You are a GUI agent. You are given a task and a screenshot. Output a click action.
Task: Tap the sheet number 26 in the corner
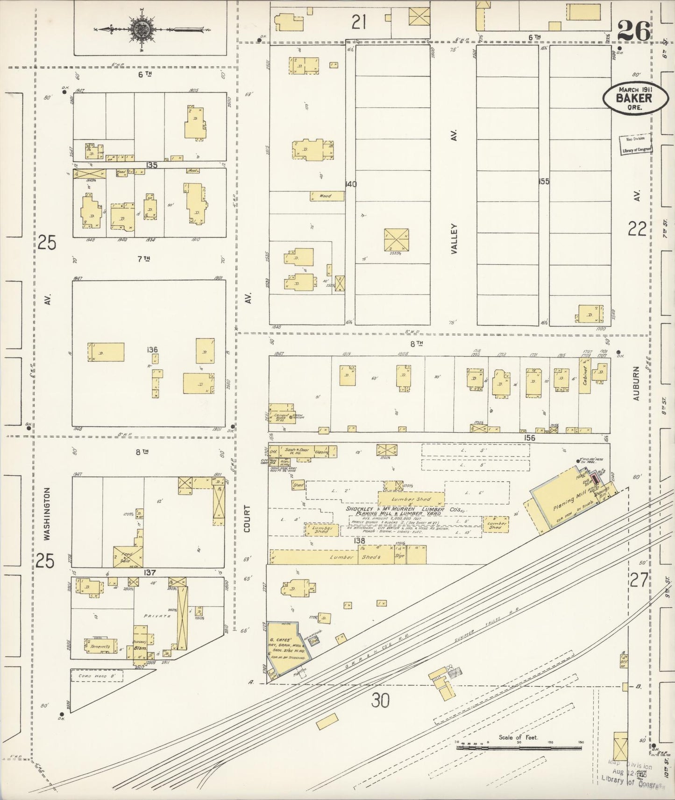point(633,31)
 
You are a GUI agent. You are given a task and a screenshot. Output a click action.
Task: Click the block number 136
point(152,349)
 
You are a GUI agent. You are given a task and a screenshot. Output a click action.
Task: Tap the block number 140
point(350,184)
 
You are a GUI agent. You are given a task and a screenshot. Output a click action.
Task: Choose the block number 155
point(543,182)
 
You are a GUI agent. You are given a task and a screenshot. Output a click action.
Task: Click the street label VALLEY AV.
point(454,238)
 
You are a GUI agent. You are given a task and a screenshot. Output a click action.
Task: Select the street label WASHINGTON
point(46,514)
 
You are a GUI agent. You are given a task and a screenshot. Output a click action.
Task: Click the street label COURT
point(247,518)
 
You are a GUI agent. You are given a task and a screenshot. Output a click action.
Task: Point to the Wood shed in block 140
point(327,196)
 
